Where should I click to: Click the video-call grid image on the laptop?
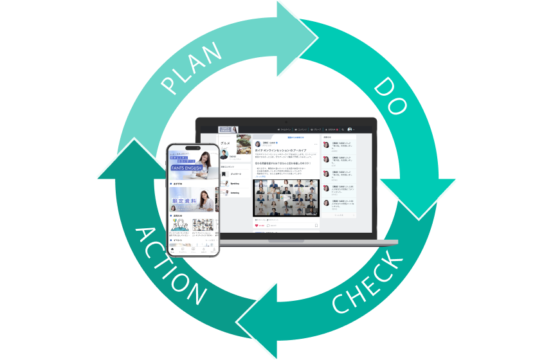point(286,197)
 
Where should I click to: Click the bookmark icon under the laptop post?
point(316,226)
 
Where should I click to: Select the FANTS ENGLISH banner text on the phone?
point(186,168)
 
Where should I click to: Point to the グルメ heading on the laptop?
point(225,143)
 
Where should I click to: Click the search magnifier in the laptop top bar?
point(343,129)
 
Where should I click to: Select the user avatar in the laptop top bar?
point(350,129)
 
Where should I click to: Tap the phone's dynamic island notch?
point(193,147)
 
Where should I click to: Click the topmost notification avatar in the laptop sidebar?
point(326,145)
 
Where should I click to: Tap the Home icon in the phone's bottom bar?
point(172,249)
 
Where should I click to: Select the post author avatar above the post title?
point(257,143)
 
